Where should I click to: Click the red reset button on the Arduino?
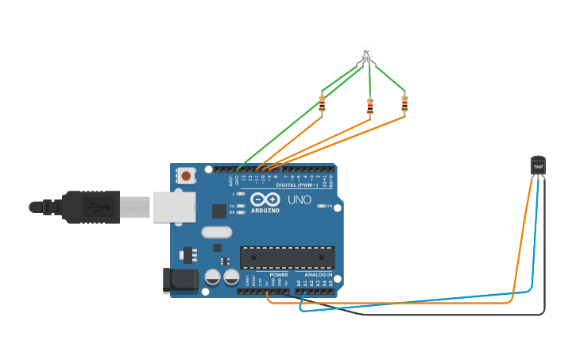[x=186, y=176]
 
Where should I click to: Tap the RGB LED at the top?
[x=365, y=54]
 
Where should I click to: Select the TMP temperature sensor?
[x=538, y=165]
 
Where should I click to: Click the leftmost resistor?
[x=322, y=103]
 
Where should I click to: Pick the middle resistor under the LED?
[x=369, y=105]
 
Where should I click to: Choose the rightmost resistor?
[x=404, y=103]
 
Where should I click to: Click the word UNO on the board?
[x=299, y=199]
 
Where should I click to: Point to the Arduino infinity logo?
[x=265, y=199]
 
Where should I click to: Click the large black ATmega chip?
[x=287, y=257]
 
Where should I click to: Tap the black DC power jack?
[x=180, y=280]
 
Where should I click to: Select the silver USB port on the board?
[x=174, y=207]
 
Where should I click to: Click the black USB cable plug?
[x=91, y=207]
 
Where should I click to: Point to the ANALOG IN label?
[x=318, y=274]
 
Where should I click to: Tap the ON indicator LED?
[x=321, y=206]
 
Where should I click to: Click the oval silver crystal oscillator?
[x=216, y=232]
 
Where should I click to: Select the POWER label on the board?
[x=278, y=274]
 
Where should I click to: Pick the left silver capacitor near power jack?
[x=213, y=277]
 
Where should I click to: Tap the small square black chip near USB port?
[x=218, y=211]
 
